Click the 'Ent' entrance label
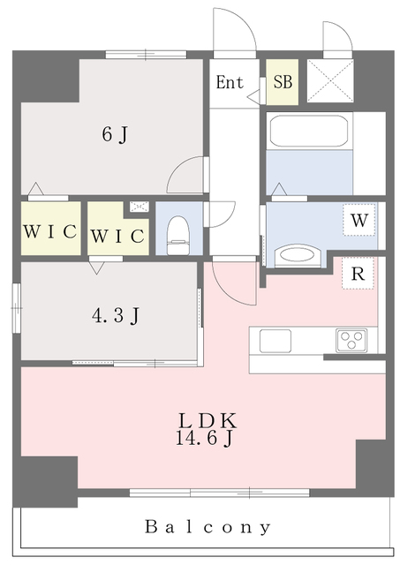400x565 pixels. pos(230,83)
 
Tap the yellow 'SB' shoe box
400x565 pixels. pos(283,83)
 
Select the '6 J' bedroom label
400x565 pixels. pos(115,135)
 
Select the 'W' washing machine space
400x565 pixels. pos(358,221)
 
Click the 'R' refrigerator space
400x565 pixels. pos(358,273)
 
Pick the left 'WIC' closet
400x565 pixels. pos(49,234)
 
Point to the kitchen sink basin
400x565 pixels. pos(273,339)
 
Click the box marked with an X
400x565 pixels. pos(329,83)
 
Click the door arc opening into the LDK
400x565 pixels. pos(232,284)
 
